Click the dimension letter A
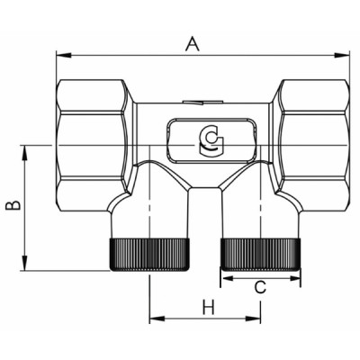191,41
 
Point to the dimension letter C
259,288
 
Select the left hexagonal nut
94,134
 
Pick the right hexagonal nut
311,134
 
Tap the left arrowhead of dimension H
154,319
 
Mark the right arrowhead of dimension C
295,278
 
